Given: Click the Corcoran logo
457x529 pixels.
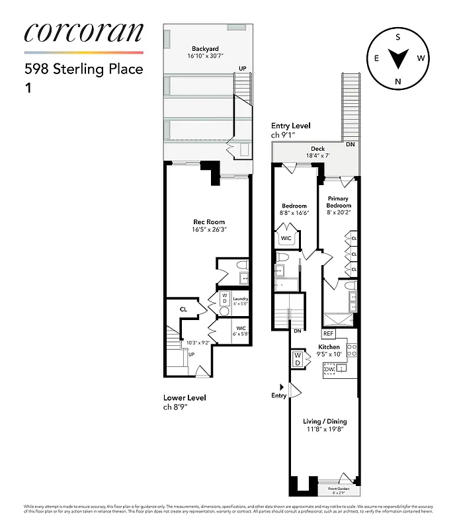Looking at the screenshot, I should (x=83, y=34).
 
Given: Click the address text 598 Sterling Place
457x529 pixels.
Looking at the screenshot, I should (x=83, y=69).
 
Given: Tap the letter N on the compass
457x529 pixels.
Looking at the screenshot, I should (x=398, y=81).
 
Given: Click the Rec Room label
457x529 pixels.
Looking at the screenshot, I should (x=208, y=222).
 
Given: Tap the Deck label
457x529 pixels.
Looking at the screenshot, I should (x=317, y=149).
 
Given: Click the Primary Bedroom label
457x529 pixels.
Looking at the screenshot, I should (x=339, y=202).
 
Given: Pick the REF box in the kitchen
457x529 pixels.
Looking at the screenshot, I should (x=329, y=334).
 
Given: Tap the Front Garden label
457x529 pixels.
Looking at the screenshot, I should (x=341, y=489).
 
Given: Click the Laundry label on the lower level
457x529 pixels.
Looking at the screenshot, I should (x=239, y=300).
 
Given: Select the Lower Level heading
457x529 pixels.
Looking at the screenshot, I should (x=185, y=397).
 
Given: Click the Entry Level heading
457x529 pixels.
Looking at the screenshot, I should (x=290, y=126).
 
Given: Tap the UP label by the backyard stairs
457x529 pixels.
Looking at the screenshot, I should (x=243, y=68).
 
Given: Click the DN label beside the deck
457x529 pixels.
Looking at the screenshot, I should (x=349, y=143).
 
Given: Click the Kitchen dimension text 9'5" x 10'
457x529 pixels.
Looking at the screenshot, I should (x=329, y=354).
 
